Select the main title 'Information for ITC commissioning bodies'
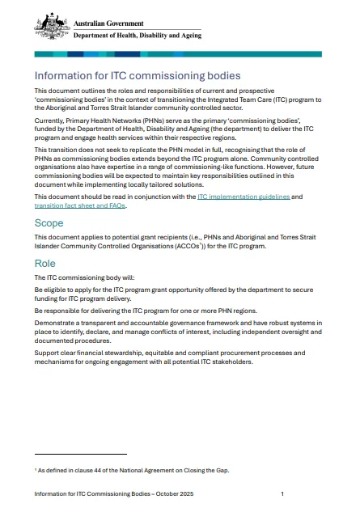(x=138, y=76)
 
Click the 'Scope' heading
(x=49, y=222)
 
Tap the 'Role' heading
(x=45, y=264)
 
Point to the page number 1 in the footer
(x=282, y=493)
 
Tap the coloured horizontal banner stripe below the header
(x=177, y=54)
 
